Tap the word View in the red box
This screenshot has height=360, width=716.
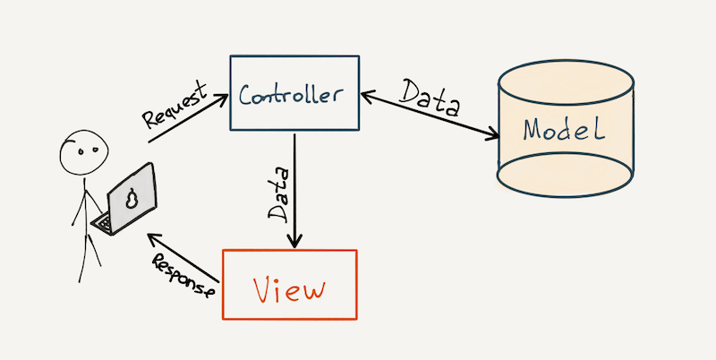click(x=288, y=289)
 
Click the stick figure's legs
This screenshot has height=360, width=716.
click(x=89, y=254)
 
